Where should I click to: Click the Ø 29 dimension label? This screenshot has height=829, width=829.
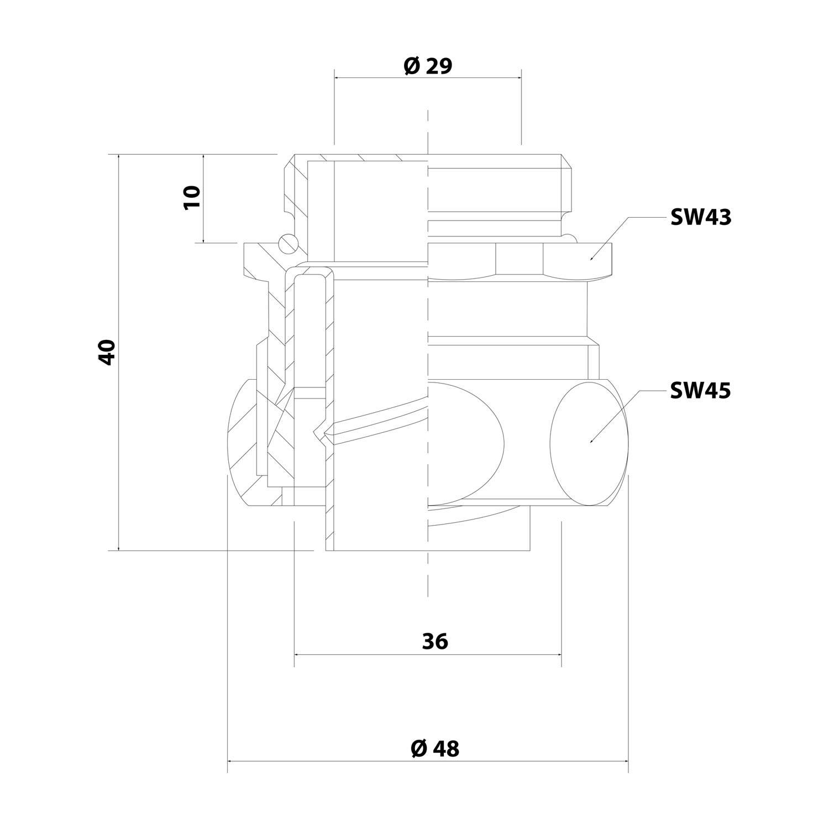pyautogui.click(x=428, y=66)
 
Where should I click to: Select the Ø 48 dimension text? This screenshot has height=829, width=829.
pyautogui.click(x=435, y=748)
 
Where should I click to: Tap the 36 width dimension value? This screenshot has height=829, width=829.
pyautogui.click(x=435, y=641)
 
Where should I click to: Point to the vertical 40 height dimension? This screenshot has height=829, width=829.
pyautogui.click(x=107, y=352)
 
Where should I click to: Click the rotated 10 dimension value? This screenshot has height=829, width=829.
pyautogui.click(x=192, y=197)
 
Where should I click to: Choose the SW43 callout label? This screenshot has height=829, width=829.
pyautogui.click(x=700, y=218)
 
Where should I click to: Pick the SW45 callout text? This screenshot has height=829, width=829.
pyautogui.click(x=700, y=391)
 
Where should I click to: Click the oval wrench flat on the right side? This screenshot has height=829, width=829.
pyautogui.click(x=590, y=442)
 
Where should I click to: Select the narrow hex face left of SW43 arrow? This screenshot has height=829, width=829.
pyautogui.click(x=519, y=261)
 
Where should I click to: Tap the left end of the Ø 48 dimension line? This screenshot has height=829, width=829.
pyautogui.click(x=228, y=761)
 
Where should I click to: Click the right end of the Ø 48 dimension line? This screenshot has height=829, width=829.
pyautogui.click(x=629, y=761)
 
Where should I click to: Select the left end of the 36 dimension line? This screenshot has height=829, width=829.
pyautogui.click(x=295, y=654)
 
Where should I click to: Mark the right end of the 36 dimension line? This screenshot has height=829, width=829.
pyautogui.click(x=562, y=654)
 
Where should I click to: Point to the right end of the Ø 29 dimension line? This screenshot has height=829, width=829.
pyautogui.click(x=521, y=78)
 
